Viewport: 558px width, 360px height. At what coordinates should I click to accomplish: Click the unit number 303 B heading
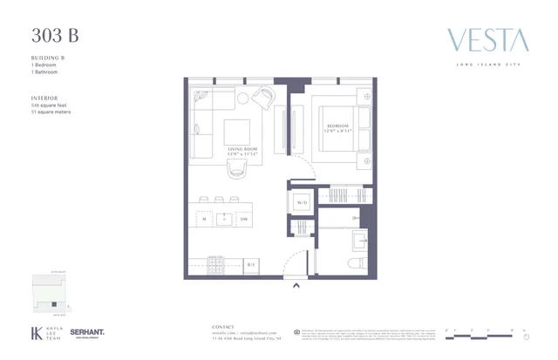tap(55, 36)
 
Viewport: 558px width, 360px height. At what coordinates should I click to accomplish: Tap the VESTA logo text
tap(487, 40)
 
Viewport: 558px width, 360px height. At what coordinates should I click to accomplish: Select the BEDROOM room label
tap(337, 126)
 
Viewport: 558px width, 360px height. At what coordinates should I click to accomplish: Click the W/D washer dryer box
tap(303, 202)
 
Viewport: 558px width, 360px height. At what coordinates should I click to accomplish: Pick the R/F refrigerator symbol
tap(250, 263)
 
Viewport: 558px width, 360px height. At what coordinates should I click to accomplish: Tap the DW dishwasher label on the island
tap(244, 221)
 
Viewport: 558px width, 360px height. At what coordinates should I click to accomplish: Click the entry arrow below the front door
tap(296, 283)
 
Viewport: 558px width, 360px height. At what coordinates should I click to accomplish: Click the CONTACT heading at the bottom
tap(224, 327)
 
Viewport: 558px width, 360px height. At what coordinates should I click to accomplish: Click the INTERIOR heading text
tap(44, 98)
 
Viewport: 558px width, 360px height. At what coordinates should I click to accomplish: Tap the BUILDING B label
tap(47, 58)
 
